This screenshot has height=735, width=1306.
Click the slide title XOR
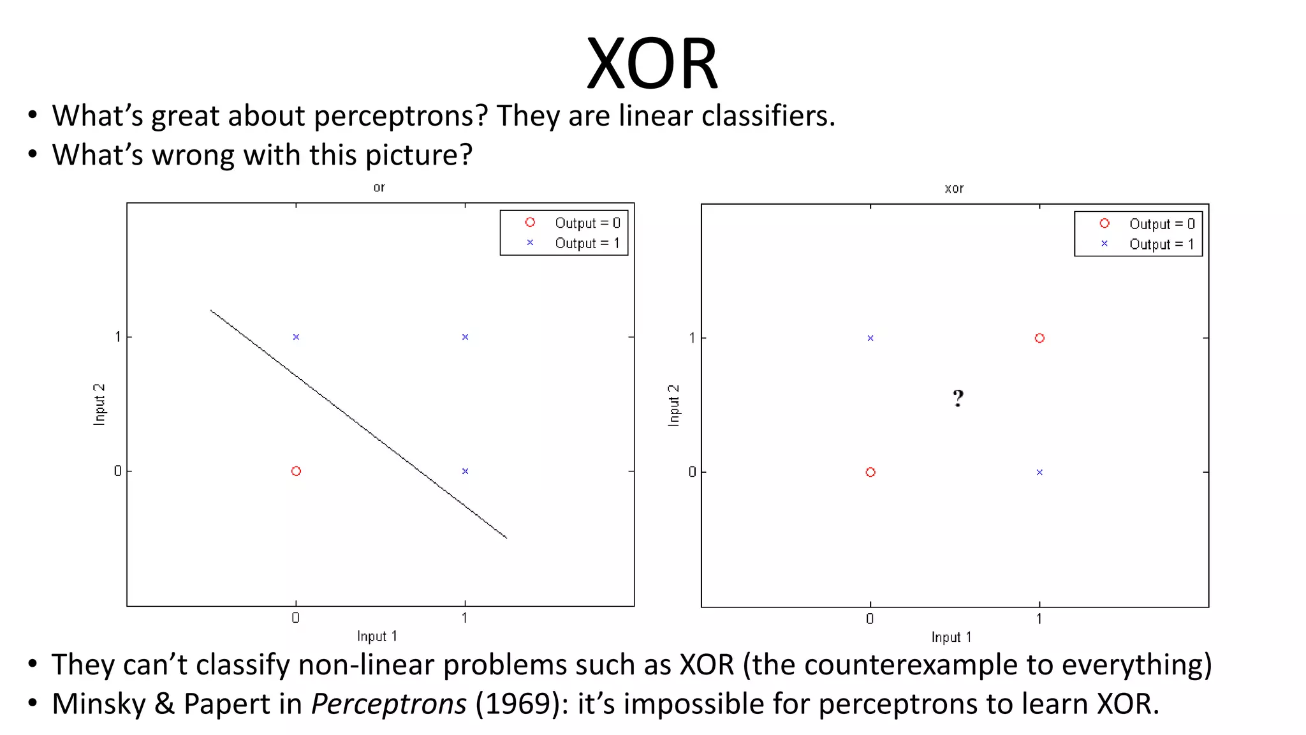tap(652, 64)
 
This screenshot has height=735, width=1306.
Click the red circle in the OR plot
tap(296, 471)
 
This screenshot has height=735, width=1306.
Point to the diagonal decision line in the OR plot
tap(358, 424)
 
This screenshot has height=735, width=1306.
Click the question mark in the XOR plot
tap(958, 399)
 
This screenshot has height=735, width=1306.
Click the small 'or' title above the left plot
tap(379, 188)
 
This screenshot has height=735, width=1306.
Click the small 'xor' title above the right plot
tap(954, 189)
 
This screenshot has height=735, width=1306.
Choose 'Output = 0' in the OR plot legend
tap(587, 223)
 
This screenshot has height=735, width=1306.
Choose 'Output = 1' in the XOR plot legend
tap(1161, 244)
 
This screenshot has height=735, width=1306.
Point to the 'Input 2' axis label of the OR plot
tap(99, 405)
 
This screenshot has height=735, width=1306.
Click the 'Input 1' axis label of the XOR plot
tap(951, 637)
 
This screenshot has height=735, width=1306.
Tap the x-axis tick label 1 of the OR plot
tap(465, 618)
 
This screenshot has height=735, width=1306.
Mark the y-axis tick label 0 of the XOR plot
tap(692, 472)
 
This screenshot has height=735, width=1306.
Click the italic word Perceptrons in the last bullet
tap(388, 704)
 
